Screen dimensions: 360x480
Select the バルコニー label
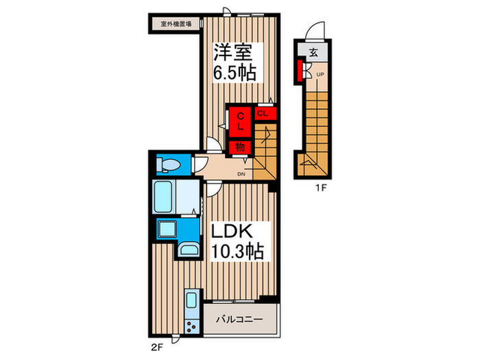240,320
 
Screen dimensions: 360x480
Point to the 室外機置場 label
176,23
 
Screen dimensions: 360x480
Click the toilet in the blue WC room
169,165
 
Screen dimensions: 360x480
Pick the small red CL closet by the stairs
263,113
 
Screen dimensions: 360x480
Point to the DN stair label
241,173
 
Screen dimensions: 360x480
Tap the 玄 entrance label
313,52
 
